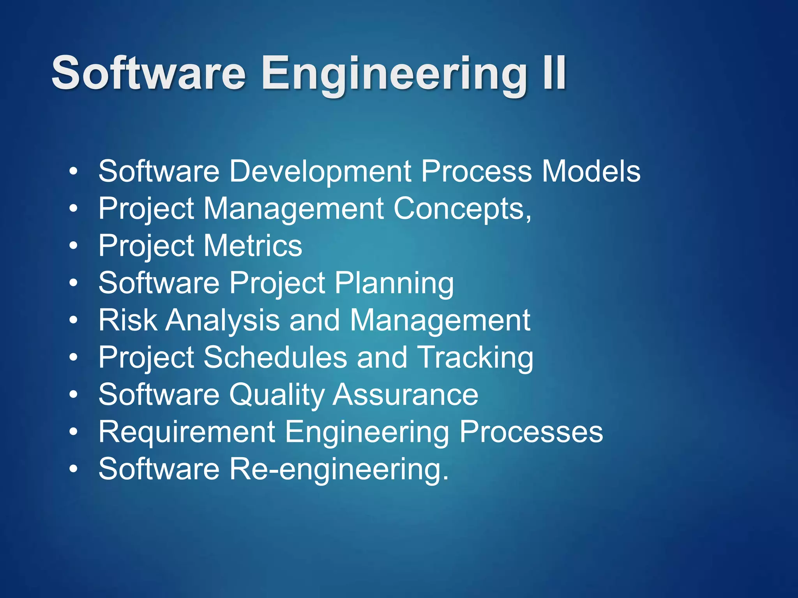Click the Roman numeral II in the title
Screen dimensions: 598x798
click(x=553, y=73)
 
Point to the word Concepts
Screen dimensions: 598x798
click(x=462, y=209)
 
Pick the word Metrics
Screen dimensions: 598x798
click(x=253, y=246)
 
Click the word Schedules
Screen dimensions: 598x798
click(x=275, y=357)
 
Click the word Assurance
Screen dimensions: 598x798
click(x=406, y=394)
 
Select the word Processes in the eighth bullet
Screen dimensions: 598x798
click(x=531, y=432)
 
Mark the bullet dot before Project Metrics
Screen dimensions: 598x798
click(x=73, y=246)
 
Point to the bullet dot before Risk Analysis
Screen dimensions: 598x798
click(x=73, y=320)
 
